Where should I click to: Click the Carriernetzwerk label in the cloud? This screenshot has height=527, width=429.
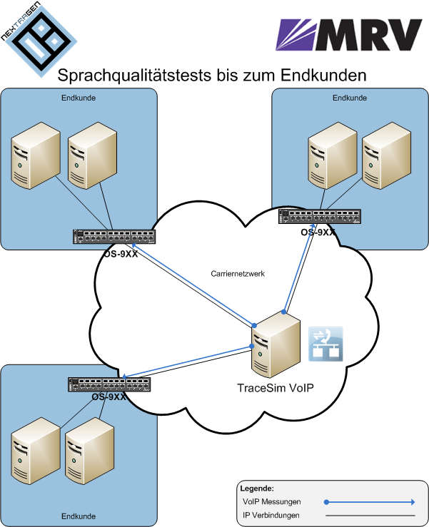tap(238, 273)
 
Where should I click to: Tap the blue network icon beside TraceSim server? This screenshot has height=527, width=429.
tap(325, 342)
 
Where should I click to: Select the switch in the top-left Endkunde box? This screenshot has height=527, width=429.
tap(113, 237)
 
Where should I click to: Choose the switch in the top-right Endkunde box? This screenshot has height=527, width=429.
tap(318, 218)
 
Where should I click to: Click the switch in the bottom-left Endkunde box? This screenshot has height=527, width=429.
tap(108, 384)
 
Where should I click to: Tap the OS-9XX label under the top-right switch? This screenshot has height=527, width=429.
tap(318, 232)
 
